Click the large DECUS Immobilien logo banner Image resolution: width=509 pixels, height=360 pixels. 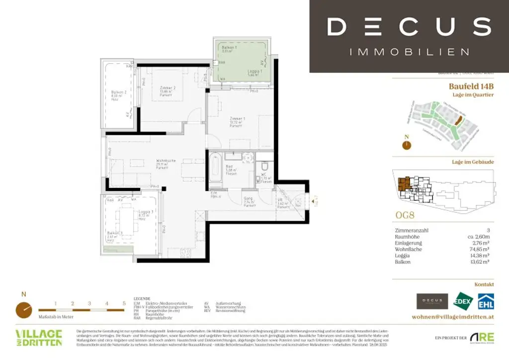tap(409, 36)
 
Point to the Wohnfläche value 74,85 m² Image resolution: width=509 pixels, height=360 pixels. tap(482, 249)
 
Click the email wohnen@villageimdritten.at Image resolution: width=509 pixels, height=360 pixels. tap(453, 317)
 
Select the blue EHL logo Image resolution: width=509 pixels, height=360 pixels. tap(485, 301)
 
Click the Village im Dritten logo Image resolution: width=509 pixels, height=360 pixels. tap(39, 338)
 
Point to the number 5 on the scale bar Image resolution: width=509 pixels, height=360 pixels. tap(124, 303)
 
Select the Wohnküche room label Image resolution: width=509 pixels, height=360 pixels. tap(164, 161)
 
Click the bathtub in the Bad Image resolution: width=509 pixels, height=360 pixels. tap(215, 169)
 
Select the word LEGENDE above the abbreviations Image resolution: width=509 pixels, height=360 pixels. tap(142, 299)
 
